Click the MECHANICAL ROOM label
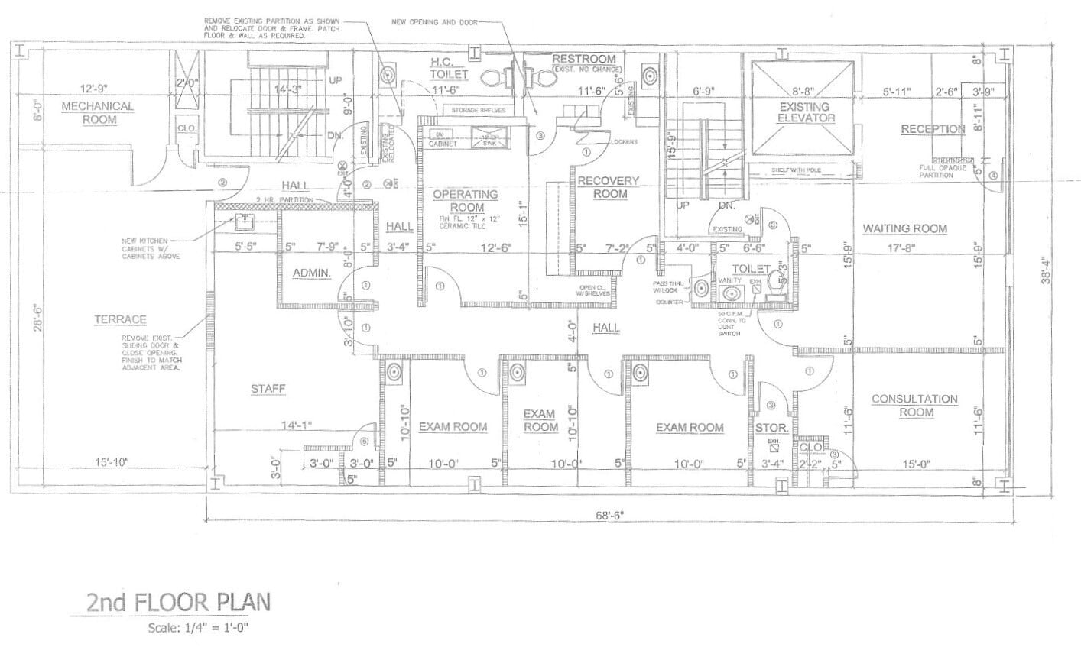click(97, 113)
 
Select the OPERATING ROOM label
click(465, 201)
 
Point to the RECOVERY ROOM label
click(609, 187)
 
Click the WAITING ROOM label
click(904, 228)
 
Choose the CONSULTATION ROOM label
click(914, 406)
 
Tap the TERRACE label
click(121, 319)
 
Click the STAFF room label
click(268, 390)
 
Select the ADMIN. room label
click(312, 273)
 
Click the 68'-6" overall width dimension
click(610, 514)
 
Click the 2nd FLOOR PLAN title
click(178, 601)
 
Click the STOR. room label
click(771, 429)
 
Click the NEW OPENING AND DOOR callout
click(434, 23)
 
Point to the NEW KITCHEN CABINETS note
click(151, 248)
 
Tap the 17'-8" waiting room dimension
click(904, 247)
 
